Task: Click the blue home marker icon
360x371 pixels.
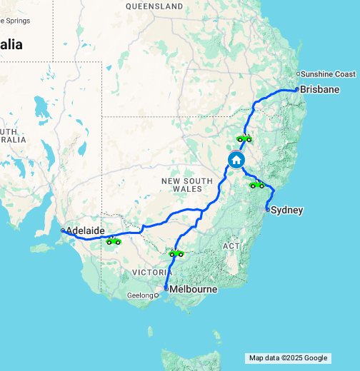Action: pyautogui.click(x=237, y=160)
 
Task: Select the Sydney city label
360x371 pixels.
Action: pyautogui.click(x=288, y=210)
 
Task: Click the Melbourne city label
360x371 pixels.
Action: pyautogui.click(x=193, y=289)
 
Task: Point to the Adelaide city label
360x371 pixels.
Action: pyautogui.click(x=86, y=231)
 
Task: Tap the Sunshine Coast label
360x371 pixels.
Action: pyautogui.click(x=328, y=74)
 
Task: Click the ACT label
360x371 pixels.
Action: pyautogui.click(x=231, y=245)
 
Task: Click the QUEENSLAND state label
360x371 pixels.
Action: pyautogui.click(x=154, y=6)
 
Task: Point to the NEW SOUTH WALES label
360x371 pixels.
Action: pyautogui.click(x=187, y=186)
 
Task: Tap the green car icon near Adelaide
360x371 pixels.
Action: pyautogui.click(x=113, y=241)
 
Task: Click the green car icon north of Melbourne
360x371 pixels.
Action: pyautogui.click(x=176, y=253)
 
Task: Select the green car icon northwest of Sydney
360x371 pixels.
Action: pyautogui.click(x=256, y=185)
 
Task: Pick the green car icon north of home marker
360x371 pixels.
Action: pyautogui.click(x=244, y=138)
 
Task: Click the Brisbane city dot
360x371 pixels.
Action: pyautogui.click(x=297, y=90)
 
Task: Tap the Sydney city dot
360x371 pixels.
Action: pyautogui.click(x=267, y=210)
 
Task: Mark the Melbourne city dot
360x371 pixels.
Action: pyautogui.click(x=166, y=289)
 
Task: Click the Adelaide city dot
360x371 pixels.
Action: pyautogui.click(x=63, y=230)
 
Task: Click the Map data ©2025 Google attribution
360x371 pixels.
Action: pyautogui.click(x=288, y=358)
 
